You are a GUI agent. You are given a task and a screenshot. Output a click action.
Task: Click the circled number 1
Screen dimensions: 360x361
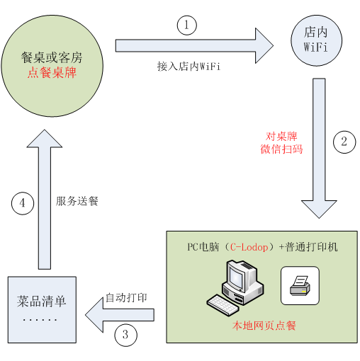click(187, 25)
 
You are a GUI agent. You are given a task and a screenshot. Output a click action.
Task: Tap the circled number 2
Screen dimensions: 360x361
click(344, 142)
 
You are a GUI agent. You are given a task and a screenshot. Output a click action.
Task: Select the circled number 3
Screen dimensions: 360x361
click(125, 335)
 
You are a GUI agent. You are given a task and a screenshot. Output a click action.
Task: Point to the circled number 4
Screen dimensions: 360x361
click(23, 203)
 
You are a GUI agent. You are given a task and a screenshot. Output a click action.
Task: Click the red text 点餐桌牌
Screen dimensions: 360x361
click(52, 72)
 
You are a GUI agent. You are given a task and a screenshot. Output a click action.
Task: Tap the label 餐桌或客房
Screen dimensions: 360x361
click(52, 58)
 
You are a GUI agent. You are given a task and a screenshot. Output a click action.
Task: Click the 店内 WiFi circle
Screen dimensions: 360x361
click(316, 40)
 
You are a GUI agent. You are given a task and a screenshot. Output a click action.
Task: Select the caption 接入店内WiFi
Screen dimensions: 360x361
click(189, 67)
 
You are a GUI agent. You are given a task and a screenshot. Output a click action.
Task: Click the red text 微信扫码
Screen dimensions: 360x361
click(281, 149)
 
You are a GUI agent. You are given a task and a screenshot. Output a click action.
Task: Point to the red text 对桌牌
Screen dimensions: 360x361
click(281, 137)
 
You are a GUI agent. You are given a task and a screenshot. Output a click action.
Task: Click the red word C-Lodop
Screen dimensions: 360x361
click(249, 247)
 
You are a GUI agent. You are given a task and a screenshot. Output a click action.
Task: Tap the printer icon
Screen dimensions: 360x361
click(300, 286)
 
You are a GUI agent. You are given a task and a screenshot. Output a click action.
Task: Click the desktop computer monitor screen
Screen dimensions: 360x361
click(237, 277)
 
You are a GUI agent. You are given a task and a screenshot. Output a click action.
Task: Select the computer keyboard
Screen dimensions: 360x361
click(223, 304)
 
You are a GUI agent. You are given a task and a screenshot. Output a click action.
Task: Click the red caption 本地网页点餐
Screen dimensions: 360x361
click(264, 326)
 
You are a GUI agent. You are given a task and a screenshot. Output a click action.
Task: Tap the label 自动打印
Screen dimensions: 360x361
click(126, 298)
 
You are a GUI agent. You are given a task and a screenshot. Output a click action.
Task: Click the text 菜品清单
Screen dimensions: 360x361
click(42, 302)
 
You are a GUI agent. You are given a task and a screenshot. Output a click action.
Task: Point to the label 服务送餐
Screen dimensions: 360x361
click(77, 201)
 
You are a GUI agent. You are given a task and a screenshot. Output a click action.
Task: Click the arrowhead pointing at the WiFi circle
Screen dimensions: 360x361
click(264, 46)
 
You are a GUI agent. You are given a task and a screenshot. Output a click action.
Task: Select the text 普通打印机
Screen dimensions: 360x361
click(311, 247)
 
